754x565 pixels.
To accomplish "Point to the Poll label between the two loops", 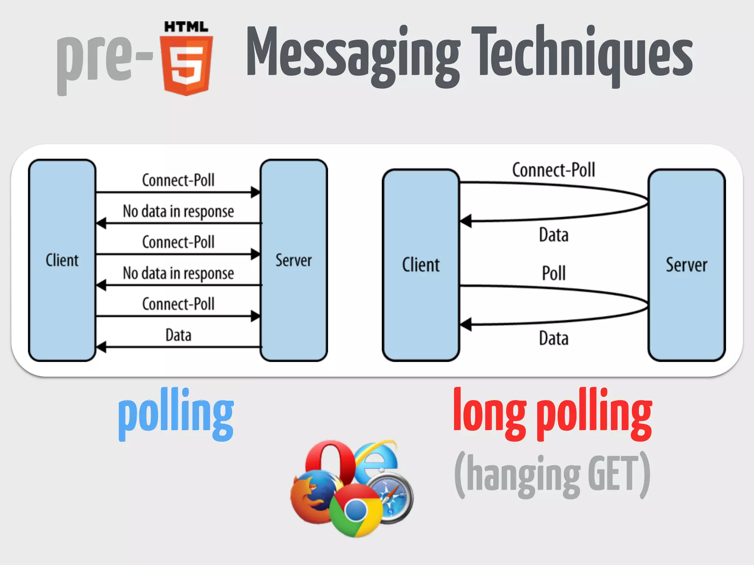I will [x=554, y=273].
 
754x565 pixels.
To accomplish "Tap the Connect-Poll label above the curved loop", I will [x=553, y=170].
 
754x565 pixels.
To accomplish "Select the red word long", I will [x=490, y=412].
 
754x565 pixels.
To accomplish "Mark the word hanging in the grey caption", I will [x=523, y=475].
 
